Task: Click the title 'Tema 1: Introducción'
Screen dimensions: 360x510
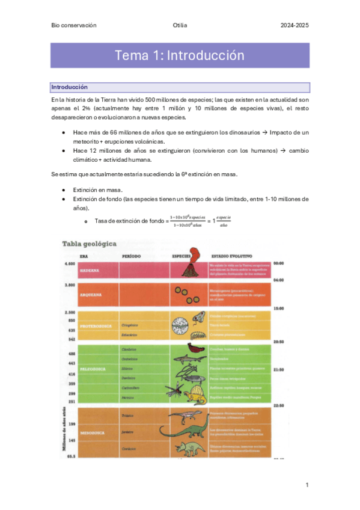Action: point(180,56)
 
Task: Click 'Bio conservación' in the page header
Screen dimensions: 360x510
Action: point(74,25)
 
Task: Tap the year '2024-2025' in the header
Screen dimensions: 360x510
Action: point(295,25)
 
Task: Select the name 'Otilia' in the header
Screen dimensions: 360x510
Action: point(180,25)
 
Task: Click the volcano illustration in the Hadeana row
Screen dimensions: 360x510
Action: point(194,263)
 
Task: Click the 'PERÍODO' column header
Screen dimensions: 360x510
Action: point(132,256)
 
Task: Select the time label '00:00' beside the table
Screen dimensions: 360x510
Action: point(278,263)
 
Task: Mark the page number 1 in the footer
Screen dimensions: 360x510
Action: point(307,485)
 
